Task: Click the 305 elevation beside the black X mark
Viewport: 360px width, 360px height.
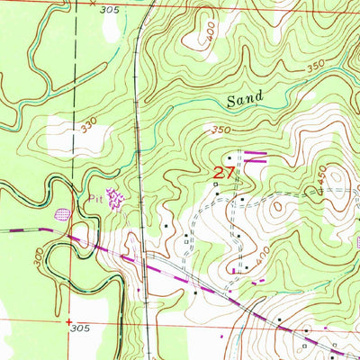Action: click(x=109, y=8)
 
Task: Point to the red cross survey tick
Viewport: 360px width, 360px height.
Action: click(x=68, y=320)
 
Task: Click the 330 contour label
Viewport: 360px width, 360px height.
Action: click(x=88, y=130)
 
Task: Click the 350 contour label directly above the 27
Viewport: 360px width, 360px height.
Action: click(x=220, y=131)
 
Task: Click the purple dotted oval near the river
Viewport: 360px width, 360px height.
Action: click(x=62, y=213)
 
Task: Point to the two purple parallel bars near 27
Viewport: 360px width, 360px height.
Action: click(x=256, y=157)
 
